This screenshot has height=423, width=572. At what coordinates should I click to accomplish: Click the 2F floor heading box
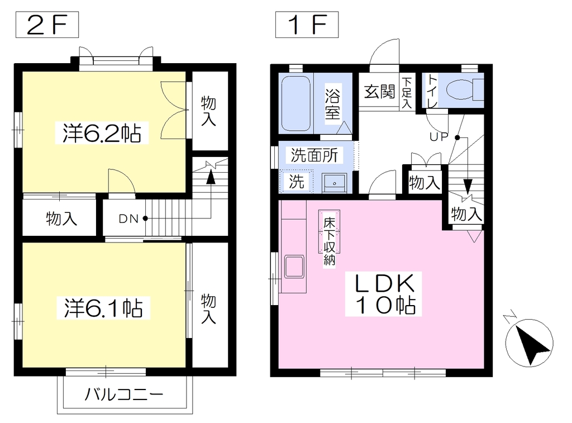click(x=47, y=25)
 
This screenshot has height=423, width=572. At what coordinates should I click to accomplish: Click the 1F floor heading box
click(x=307, y=25)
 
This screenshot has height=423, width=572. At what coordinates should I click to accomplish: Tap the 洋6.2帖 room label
click(x=102, y=133)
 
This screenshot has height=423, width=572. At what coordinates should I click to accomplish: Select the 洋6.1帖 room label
click(x=103, y=308)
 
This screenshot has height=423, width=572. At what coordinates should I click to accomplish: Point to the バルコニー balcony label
click(x=124, y=395)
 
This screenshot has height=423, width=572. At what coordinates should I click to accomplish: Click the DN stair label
click(x=128, y=219)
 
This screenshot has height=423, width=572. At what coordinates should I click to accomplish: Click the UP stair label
click(x=439, y=137)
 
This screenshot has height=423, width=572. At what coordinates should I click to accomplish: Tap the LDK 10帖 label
click(x=383, y=294)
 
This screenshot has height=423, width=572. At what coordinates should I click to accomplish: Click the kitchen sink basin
click(x=294, y=267)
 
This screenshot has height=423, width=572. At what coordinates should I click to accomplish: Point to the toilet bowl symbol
click(x=460, y=89)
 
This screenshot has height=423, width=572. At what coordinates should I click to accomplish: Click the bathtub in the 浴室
click(x=296, y=103)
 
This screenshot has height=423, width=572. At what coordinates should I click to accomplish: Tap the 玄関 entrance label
click(x=379, y=91)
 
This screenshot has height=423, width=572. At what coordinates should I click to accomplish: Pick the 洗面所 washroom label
click(x=314, y=155)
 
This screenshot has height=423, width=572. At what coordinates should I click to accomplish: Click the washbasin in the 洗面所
click(x=334, y=183)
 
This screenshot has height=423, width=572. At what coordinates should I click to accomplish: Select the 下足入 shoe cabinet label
click(x=407, y=92)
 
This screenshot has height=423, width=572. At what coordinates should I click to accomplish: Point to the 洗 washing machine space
click(x=296, y=182)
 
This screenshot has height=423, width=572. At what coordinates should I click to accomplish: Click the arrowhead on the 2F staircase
click(x=211, y=177)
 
